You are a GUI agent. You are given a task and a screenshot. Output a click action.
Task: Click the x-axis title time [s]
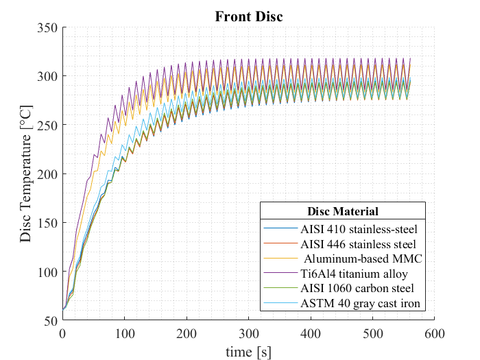coord(248,351)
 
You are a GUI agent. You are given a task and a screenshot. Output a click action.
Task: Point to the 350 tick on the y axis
coord(49,27)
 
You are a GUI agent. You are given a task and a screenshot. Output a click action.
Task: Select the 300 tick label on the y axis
coord(49,76)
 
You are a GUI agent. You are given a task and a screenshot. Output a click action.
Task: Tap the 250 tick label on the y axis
coord(49,125)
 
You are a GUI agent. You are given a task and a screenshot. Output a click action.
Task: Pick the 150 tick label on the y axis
coord(49,223)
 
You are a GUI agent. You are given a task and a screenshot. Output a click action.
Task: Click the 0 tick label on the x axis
coord(62,333)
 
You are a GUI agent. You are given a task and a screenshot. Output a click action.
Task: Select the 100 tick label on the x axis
coord(124,333)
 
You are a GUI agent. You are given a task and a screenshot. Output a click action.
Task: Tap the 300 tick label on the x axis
coord(248,333)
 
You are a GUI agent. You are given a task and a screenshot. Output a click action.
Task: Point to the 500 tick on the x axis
coord(372,333)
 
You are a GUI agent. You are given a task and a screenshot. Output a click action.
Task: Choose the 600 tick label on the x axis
coord(434,333)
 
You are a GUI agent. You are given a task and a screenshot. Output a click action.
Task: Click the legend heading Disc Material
coord(342,211)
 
